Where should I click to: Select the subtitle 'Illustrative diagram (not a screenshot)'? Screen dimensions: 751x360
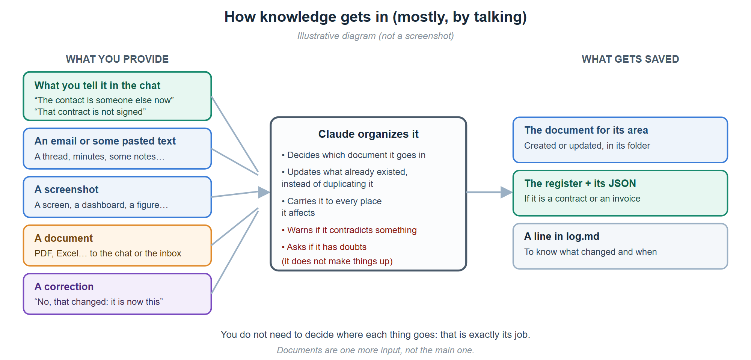[375, 36]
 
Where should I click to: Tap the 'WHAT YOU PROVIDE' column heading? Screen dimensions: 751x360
[117, 59]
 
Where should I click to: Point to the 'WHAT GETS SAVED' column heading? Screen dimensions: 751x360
[630, 59]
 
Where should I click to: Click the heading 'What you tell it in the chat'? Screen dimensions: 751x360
[97, 86]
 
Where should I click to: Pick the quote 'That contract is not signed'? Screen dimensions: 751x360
[90, 112]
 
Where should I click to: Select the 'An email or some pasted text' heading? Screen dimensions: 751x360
[105, 141]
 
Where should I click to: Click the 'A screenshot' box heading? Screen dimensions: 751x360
[66, 190]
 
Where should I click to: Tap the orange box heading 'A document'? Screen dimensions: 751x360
[63, 238]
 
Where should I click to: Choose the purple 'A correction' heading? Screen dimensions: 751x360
[64, 287]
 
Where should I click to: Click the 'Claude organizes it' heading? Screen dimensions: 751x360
[368, 134]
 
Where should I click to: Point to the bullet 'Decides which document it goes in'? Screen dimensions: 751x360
[354, 155]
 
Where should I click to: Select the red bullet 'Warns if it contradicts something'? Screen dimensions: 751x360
[349, 230]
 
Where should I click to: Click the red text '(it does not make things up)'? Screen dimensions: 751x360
[337, 261]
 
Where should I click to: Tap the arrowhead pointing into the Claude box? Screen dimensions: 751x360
[264, 192]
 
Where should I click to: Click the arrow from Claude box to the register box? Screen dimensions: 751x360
[489, 192]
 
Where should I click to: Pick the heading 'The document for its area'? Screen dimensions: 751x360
[586, 130]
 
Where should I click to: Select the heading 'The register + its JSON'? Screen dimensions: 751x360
[580, 184]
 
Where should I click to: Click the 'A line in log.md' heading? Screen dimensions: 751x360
[562, 236]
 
